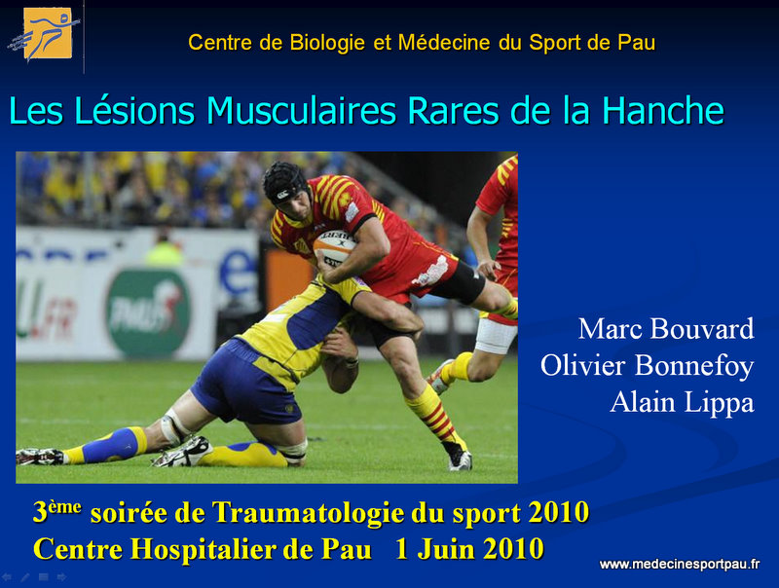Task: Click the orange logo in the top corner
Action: click(48, 33)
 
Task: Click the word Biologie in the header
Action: click(327, 42)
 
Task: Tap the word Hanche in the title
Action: click(663, 110)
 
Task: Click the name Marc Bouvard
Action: click(666, 329)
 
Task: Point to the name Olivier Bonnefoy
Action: click(648, 365)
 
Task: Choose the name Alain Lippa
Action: click(683, 402)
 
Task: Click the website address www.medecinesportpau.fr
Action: click(680, 565)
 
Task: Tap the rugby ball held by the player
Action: click(333, 246)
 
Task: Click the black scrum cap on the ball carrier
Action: click(285, 183)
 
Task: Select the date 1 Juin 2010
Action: click(469, 549)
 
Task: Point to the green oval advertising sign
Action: click(149, 312)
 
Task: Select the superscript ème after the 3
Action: click(64, 506)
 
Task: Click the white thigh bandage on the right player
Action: click(495, 336)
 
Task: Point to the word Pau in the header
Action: click(637, 42)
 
